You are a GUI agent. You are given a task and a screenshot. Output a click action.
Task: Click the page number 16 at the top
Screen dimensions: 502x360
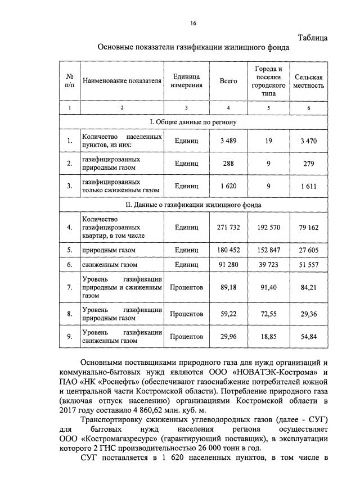click(x=193, y=23)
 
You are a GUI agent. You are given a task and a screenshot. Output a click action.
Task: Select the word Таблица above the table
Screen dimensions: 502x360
click(x=312, y=38)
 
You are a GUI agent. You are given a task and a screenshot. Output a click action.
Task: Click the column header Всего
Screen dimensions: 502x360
click(x=228, y=81)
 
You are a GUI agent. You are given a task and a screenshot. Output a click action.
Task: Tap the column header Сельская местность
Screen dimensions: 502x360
click(x=308, y=81)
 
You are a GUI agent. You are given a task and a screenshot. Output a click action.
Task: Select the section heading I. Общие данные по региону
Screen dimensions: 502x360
click(x=193, y=121)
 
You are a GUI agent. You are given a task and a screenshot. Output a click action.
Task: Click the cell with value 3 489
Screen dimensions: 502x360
click(x=228, y=141)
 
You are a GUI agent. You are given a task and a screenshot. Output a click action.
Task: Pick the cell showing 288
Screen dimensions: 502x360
click(x=228, y=164)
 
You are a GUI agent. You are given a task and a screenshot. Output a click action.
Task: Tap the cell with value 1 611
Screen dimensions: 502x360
click(x=308, y=186)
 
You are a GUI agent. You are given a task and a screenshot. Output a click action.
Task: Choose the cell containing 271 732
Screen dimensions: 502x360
click(x=228, y=228)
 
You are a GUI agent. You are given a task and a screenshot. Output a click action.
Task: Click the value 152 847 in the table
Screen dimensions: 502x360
click(x=267, y=249)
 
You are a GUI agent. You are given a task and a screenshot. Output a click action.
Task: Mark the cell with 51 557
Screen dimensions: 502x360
click(x=308, y=264)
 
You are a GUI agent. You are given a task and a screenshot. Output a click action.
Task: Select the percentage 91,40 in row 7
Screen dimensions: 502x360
click(x=267, y=287)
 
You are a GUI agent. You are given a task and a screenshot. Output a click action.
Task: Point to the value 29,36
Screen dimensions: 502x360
click(x=308, y=314)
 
